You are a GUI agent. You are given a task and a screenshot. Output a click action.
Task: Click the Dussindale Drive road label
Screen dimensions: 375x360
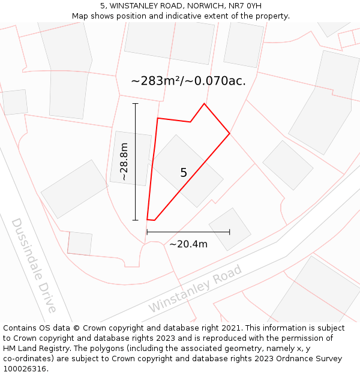[x=34, y=265]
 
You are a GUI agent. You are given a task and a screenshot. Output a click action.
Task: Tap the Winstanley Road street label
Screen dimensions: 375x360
[x=195, y=288]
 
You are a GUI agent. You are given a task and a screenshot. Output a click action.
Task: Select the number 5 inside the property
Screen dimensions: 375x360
[x=184, y=173]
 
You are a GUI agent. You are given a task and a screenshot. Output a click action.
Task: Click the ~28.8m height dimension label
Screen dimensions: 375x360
[x=123, y=161]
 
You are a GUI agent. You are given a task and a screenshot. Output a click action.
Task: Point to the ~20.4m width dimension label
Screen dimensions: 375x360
[x=188, y=244]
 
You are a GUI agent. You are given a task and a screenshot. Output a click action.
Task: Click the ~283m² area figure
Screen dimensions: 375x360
[x=158, y=80]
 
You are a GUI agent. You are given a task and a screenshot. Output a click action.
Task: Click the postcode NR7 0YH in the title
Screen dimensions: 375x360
[x=244, y=6]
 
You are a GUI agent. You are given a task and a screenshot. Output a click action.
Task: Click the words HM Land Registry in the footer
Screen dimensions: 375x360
[x=32, y=348]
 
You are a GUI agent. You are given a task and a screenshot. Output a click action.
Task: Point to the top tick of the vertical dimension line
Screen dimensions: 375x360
[x=136, y=104]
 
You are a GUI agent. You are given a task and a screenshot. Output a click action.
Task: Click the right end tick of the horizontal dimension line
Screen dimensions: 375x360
[x=230, y=232]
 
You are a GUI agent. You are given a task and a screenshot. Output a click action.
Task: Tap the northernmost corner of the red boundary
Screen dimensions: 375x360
[x=204, y=103]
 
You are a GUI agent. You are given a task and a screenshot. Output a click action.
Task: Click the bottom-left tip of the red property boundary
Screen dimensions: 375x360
[x=148, y=220]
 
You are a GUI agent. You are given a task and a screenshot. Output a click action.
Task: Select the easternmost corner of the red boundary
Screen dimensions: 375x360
[x=230, y=133]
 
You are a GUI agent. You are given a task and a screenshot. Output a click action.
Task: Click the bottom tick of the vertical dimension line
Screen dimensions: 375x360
[x=136, y=220]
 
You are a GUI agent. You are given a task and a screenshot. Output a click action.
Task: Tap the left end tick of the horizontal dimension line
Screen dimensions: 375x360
[x=147, y=232]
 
